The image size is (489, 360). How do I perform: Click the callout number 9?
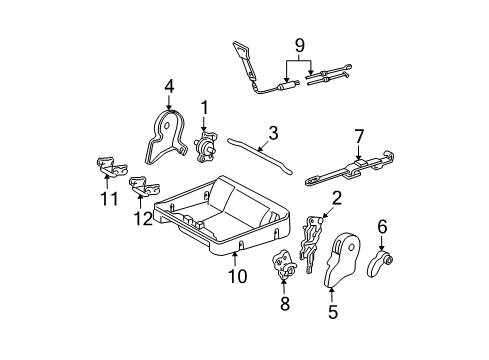pos(300,46)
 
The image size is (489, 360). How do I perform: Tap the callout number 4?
pos(169,87)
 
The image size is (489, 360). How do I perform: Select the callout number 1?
pos(204,108)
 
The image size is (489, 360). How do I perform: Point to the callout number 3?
pos(273,133)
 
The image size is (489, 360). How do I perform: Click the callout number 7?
pos(359,137)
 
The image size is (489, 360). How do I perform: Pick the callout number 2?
pos(337,198)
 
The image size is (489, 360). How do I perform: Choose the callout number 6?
pos(382,227)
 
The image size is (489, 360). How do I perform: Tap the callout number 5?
pos(333,312)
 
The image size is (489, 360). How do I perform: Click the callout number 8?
pos(285,304)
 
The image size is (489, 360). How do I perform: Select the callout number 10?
pos(238,276)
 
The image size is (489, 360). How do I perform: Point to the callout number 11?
pos(109,199)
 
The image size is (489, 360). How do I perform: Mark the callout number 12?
pos(143,218)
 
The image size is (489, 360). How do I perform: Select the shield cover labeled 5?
pos(342,260)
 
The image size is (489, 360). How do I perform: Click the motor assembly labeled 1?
pos(206,147)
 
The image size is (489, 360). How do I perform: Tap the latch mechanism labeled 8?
pos(283,263)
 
